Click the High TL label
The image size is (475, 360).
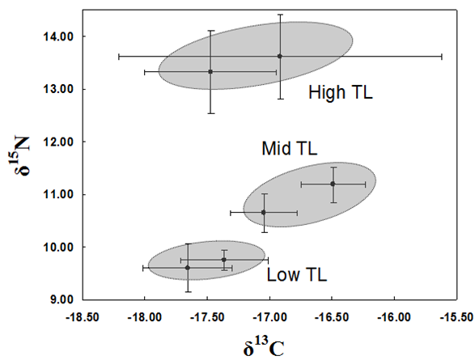(341, 92)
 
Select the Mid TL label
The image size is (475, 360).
(290, 148)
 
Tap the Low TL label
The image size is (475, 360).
(297, 274)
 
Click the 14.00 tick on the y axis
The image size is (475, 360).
(58, 36)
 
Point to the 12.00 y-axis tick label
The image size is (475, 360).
(58, 142)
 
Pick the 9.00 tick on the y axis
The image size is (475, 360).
(61, 299)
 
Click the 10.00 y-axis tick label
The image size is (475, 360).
(58, 247)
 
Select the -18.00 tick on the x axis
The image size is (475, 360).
(145, 317)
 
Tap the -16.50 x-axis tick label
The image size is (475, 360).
(332, 317)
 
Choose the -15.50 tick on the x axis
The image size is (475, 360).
(456, 317)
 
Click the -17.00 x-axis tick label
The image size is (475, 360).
(269, 317)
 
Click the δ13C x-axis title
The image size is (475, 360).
(264, 348)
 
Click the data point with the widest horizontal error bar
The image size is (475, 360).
(280, 57)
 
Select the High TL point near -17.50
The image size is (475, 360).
(210, 72)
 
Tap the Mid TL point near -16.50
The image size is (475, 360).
(333, 184)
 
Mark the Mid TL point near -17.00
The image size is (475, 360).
(264, 213)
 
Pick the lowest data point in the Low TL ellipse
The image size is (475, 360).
(188, 268)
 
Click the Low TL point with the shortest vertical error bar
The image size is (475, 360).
(224, 260)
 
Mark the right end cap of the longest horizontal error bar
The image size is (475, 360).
(442, 57)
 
